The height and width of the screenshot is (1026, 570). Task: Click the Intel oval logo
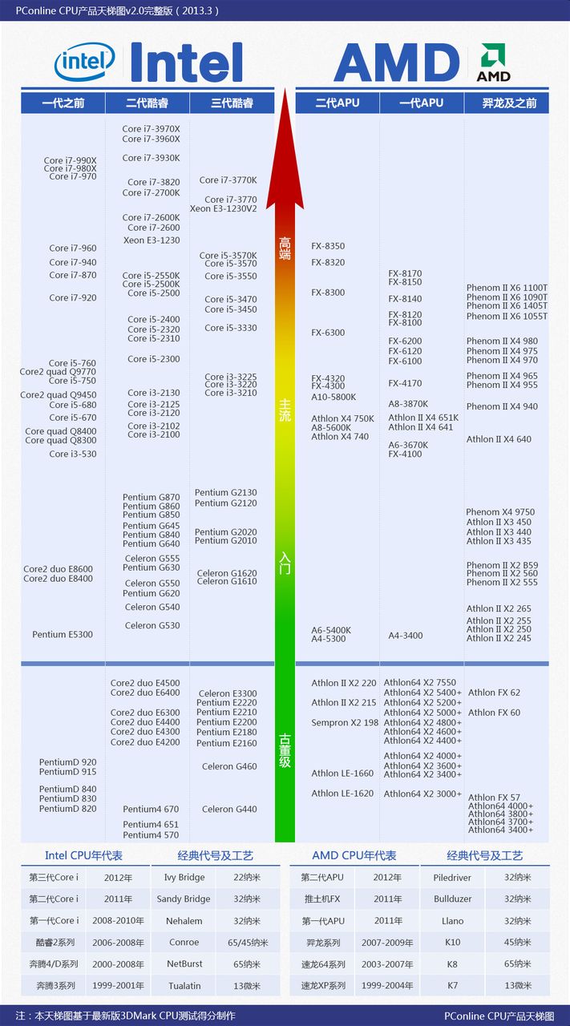click(x=84, y=61)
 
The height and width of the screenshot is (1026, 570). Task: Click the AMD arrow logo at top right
click(x=493, y=63)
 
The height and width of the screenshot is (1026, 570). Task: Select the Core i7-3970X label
click(x=151, y=128)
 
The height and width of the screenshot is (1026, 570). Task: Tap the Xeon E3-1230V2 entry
click(x=224, y=208)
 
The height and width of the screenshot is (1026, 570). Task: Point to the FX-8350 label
click(x=328, y=246)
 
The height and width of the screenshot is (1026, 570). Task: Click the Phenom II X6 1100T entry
click(x=507, y=288)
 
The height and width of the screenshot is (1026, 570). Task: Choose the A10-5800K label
click(x=334, y=397)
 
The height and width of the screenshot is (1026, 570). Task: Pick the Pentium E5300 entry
click(x=63, y=634)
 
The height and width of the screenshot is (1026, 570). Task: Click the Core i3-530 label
click(x=72, y=454)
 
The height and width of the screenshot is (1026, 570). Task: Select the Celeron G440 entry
click(x=229, y=809)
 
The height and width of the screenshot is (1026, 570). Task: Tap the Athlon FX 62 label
click(x=494, y=693)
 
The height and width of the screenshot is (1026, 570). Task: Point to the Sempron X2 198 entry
click(x=345, y=722)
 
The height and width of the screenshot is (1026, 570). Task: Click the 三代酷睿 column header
click(x=232, y=103)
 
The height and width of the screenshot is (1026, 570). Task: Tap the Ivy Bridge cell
click(x=184, y=877)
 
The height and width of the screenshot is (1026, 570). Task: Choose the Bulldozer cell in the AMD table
click(x=452, y=899)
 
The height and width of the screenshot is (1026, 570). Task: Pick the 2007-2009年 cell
click(x=387, y=942)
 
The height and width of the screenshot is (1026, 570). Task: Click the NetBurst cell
click(x=184, y=963)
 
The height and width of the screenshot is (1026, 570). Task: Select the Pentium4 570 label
click(x=151, y=835)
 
